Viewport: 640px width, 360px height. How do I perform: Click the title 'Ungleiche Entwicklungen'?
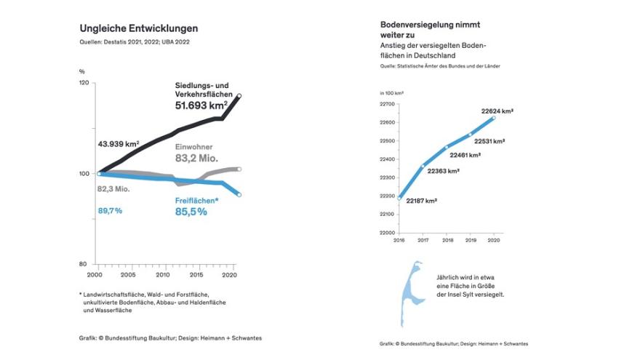coord(138,28)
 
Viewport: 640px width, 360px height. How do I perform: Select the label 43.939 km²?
coord(118,144)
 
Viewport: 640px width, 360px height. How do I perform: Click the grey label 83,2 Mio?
coord(196,157)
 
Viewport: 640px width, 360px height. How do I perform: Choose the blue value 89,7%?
coord(110,211)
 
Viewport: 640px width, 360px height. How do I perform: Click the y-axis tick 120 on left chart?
coord(84,84)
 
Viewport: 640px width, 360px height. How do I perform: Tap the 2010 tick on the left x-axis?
coord(161,276)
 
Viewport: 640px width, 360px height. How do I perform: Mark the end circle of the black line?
coord(240,96)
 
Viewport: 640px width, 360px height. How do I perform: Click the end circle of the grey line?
coord(240,169)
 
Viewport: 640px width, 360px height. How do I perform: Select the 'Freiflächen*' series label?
coord(198,200)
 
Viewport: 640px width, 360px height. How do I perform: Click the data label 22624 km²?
coord(497,111)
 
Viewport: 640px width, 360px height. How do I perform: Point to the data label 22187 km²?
coord(421,200)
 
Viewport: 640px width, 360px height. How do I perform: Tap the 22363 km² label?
coord(443,171)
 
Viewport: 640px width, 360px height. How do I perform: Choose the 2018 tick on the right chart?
coord(447,240)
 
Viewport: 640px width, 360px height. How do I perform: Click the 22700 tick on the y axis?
coord(387,105)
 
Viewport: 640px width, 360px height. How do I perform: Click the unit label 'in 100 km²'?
coord(392,93)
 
